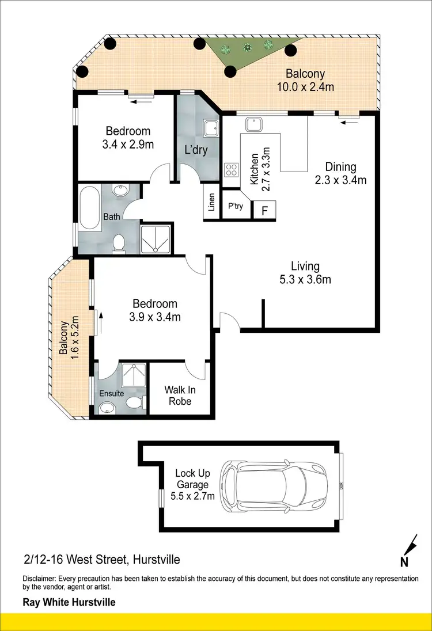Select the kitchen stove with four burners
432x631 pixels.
point(232,169)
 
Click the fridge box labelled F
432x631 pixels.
point(265,210)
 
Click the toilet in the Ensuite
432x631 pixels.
point(133,401)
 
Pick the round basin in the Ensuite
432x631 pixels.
point(107,408)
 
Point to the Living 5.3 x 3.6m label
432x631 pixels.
point(305,273)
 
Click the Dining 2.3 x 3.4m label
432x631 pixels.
point(340,173)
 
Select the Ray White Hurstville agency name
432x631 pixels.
point(69,603)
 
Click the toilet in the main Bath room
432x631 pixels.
point(119,244)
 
